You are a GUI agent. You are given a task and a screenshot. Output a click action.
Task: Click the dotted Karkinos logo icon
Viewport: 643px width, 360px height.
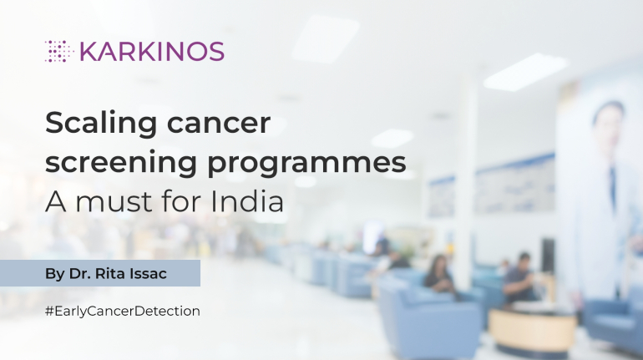coord(59,51)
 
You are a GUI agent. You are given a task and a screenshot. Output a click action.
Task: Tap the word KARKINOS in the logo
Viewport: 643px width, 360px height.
coord(151,51)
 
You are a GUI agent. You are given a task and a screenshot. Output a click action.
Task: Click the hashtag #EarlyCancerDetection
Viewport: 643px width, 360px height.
coord(123,311)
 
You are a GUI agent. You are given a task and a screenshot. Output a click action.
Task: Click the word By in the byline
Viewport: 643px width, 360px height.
coord(54,273)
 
